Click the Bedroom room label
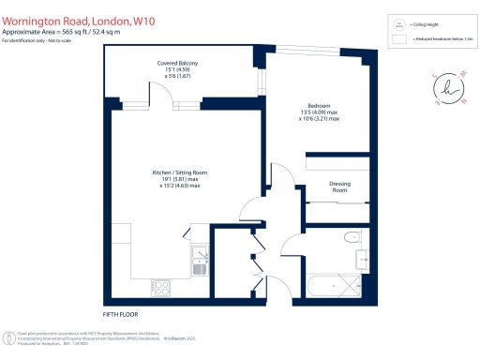coord(319,106)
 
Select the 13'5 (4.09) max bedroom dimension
coord(319,112)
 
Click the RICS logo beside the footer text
coord(8,337)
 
